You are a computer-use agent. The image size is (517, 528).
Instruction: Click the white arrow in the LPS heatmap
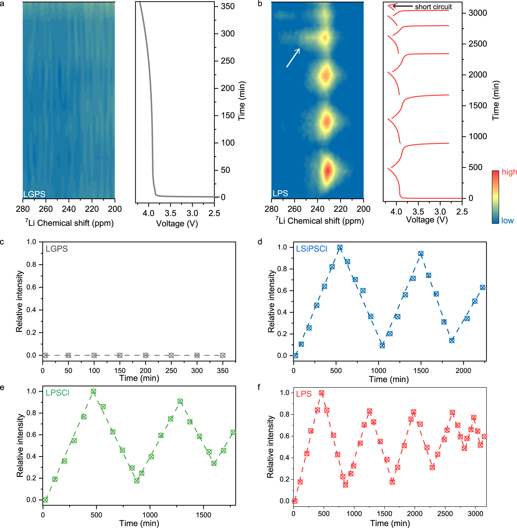293,58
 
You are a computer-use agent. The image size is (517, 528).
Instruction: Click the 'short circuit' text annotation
433,7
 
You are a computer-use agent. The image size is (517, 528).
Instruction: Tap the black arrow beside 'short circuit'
403,6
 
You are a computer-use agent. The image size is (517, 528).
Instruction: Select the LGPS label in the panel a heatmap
34,194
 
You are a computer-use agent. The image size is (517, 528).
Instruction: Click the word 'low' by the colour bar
507,220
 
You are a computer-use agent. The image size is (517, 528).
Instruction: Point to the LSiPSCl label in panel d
311,249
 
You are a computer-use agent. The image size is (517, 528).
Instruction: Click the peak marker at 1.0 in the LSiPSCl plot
340,248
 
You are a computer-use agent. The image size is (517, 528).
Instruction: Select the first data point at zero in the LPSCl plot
45,500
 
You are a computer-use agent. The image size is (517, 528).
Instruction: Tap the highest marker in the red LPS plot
322,393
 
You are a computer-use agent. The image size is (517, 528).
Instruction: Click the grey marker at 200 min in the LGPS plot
146,355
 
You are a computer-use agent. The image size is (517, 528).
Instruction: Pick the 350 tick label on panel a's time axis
227,6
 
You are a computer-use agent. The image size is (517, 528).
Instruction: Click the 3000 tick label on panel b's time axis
478,13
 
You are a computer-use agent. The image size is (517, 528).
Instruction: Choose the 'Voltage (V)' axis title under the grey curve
177,223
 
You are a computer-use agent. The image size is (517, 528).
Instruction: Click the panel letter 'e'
2,387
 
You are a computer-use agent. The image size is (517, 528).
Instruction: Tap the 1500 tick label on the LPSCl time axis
203,515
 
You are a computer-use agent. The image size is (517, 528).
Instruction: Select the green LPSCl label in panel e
57,393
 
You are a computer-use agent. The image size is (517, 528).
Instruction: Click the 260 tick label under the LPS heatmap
294,209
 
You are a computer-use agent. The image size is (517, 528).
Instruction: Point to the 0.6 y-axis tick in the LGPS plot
31,287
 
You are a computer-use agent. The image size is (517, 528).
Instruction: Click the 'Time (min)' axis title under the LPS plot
390,523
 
